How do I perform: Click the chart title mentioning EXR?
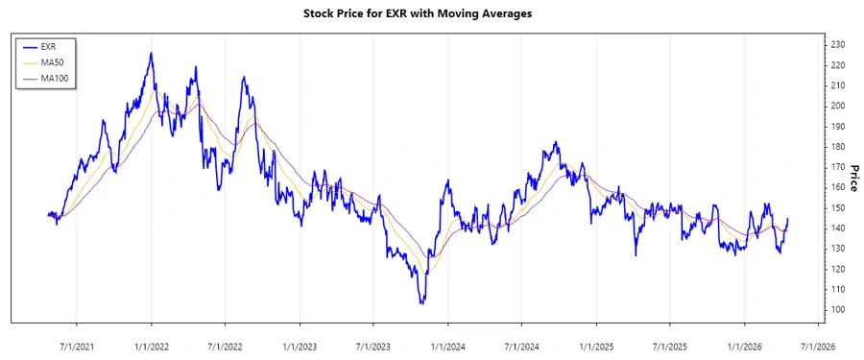tap(430, 14)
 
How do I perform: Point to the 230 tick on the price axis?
tap(837, 45)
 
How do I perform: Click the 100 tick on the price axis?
tap(837, 310)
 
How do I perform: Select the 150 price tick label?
tap(837, 208)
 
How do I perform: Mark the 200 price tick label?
tap(837, 107)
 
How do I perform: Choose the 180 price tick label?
tap(837, 147)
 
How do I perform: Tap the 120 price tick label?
tap(837, 269)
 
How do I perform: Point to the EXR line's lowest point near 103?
tap(421, 303)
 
